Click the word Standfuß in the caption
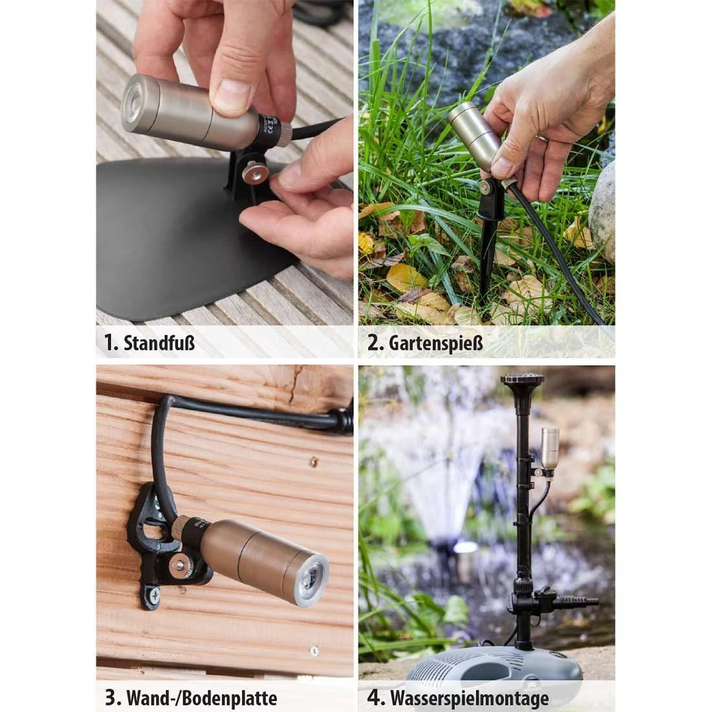click(x=159, y=342)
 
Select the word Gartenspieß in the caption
click(x=435, y=342)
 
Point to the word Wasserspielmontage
click(x=469, y=698)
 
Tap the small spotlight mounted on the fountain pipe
click(x=550, y=448)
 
